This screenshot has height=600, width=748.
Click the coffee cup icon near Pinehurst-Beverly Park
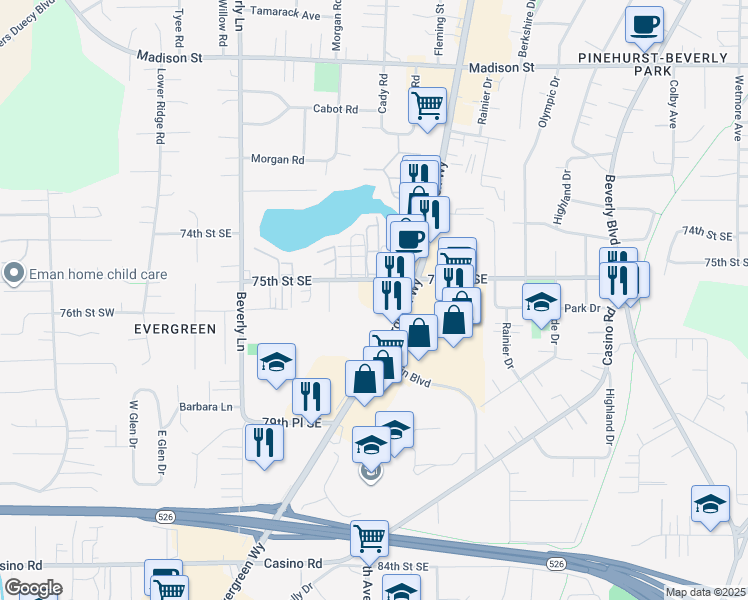pos(644,23)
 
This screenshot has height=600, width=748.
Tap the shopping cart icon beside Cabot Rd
pos(427,104)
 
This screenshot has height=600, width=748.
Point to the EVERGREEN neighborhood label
pos(176,329)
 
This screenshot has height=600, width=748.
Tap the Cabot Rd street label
pos(335,109)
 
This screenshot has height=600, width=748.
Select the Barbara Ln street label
pos(205,407)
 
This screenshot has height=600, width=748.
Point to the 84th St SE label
pos(403,566)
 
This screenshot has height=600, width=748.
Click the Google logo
pos(33,588)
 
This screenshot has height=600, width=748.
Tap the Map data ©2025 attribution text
pos(705,592)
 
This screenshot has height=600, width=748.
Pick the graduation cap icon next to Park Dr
pos(541,300)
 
